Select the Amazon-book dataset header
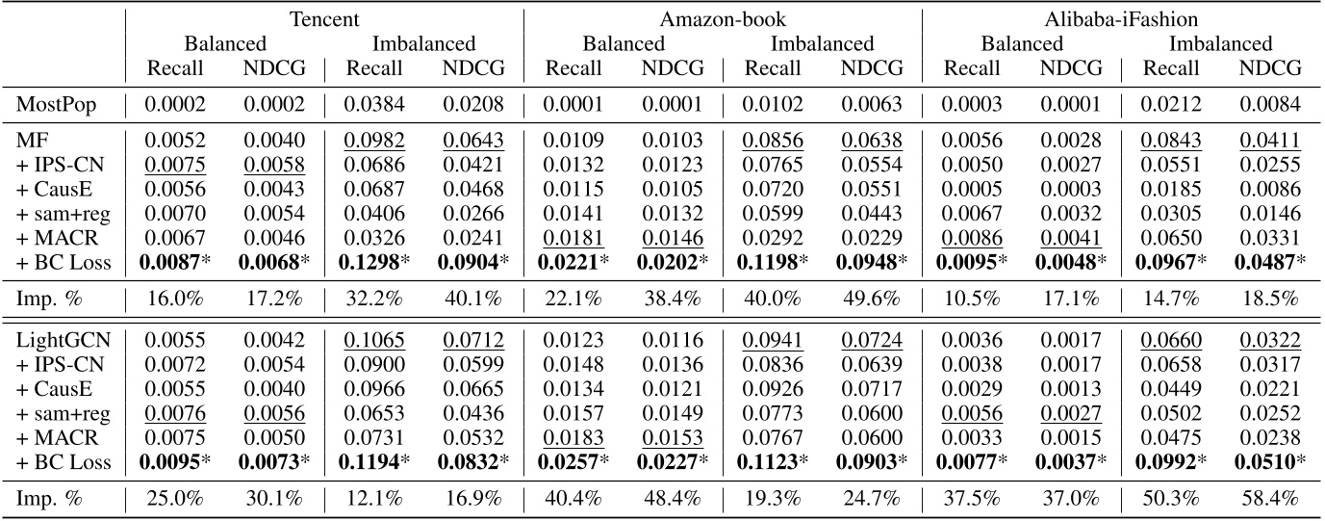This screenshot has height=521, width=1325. pyautogui.click(x=723, y=19)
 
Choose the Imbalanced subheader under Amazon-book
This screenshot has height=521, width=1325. pyautogui.click(x=822, y=43)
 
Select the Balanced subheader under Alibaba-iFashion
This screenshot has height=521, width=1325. pyautogui.click(x=1022, y=43)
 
